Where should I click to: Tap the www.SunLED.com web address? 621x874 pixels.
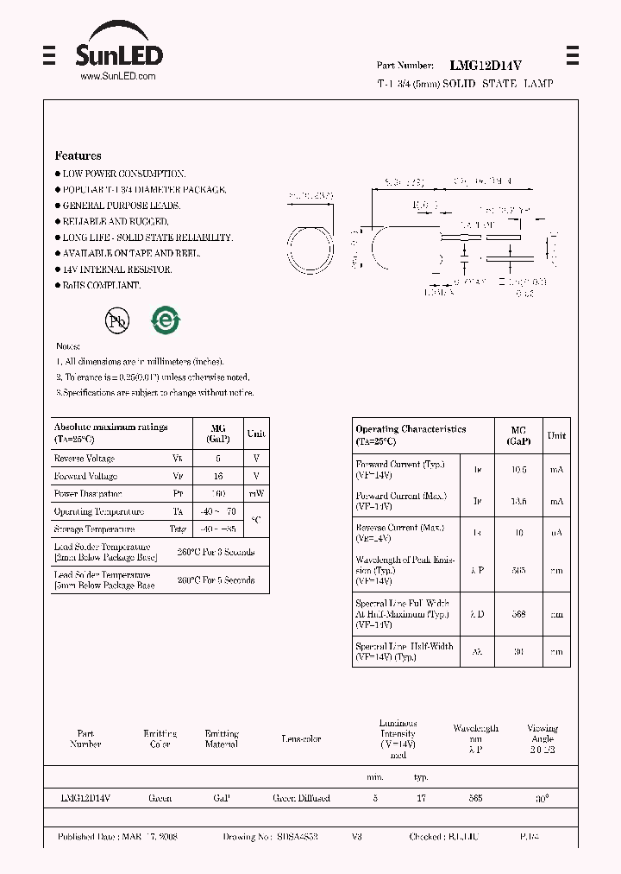pos(117,76)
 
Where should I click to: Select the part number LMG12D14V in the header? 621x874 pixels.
pos(486,65)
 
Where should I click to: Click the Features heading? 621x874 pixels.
pos(78,155)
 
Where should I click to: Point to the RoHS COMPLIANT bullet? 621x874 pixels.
pos(101,285)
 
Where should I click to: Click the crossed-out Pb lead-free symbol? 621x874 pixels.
pos(117,321)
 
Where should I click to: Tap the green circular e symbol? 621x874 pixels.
pos(165,320)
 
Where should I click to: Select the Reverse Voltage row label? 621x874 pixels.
pos(85,459)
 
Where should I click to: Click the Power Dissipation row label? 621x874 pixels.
pos(87,494)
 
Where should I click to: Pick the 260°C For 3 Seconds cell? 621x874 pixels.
pos(216,552)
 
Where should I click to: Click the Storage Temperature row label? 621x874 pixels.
pos(94,529)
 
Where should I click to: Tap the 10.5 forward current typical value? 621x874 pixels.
pos(518,470)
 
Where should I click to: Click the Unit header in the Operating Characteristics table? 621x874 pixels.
pos(556,435)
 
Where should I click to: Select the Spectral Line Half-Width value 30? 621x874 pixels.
pos(518,652)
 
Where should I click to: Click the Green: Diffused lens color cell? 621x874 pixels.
pos(301,798)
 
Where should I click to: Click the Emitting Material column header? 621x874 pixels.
pos(222,738)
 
